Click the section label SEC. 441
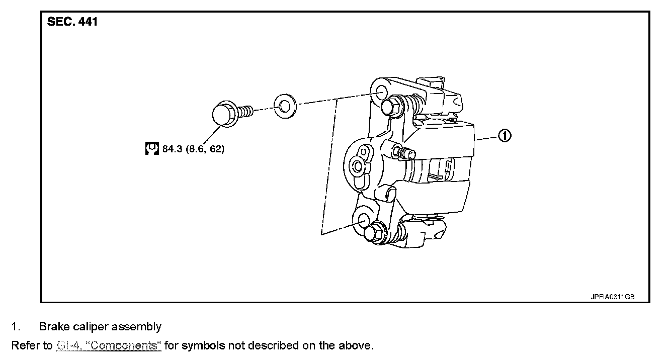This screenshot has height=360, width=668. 72,22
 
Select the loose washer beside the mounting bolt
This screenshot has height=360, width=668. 285,106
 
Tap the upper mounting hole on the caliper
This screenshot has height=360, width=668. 381,93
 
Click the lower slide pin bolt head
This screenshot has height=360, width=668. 372,232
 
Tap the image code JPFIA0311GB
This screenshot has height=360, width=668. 612,297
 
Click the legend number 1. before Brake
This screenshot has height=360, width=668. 16,327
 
